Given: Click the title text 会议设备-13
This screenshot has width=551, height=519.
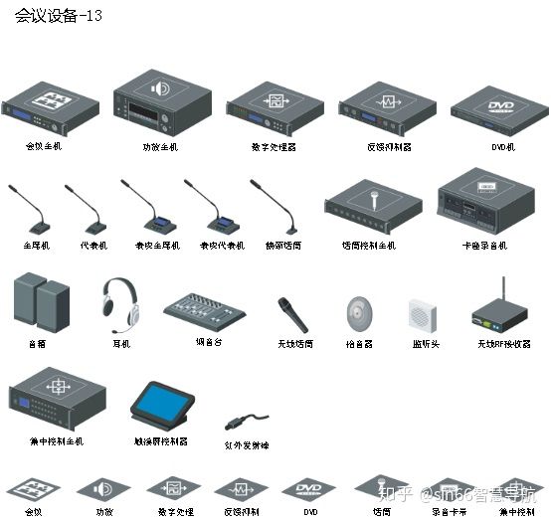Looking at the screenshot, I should [x=59, y=17].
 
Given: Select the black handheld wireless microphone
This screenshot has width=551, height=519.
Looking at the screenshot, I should [x=292, y=314].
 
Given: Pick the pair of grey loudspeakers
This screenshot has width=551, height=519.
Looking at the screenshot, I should [x=41, y=302].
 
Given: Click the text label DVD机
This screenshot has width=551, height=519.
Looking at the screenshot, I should [x=503, y=146].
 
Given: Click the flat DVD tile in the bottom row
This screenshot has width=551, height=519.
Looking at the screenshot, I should [x=308, y=489].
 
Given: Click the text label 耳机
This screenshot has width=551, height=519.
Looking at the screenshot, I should [x=121, y=344].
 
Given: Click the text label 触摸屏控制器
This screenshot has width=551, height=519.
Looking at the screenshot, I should [x=160, y=441].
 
